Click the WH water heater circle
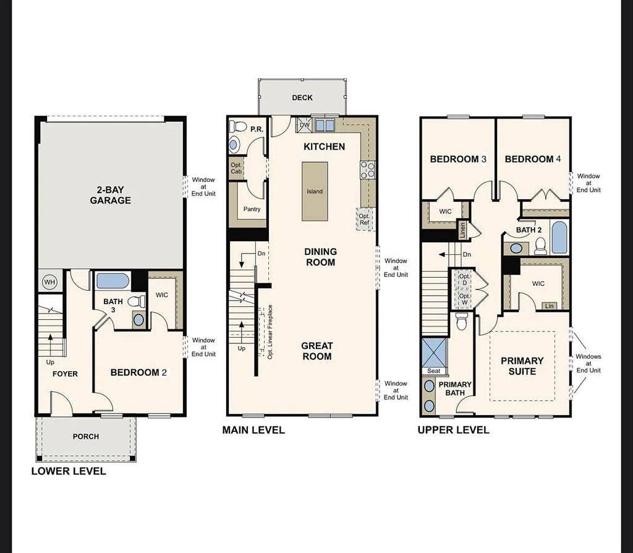pos(49,282)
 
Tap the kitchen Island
pos(315,191)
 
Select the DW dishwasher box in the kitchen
pos(304,124)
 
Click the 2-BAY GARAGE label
pos(111,195)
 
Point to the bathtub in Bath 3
pos(113,281)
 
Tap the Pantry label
pos(252,209)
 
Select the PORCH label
pos(85,436)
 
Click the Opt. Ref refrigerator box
pos(364,219)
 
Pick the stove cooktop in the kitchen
pos(367,169)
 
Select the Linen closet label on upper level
pos(462,230)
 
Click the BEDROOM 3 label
pos(458,159)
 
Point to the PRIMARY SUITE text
pos(522,366)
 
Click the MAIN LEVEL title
pos(253,430)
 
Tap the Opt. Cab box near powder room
pos(236,168)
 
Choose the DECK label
pos(302,98)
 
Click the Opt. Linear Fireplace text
pos(270,332)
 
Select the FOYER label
pos(65,374)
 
